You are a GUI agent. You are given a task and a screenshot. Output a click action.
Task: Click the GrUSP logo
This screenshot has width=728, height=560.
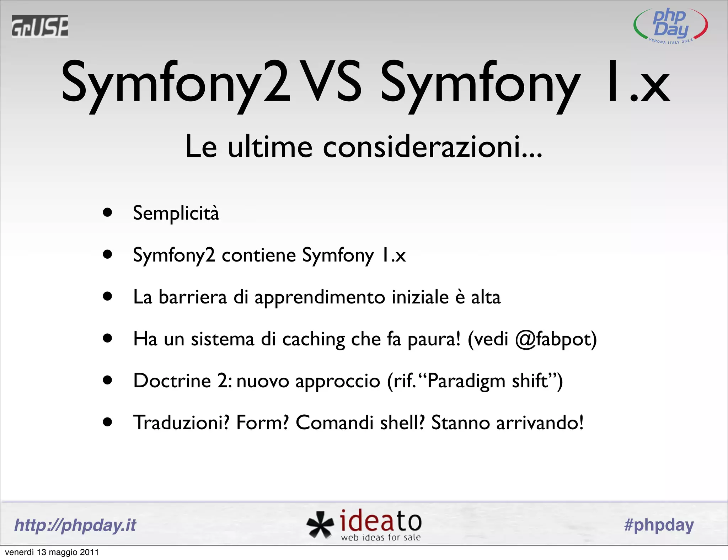point(40,26)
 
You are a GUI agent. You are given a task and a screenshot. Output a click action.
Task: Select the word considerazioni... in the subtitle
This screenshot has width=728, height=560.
point(432,146)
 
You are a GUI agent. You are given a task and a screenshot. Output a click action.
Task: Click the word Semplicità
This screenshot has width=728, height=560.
point(176,213)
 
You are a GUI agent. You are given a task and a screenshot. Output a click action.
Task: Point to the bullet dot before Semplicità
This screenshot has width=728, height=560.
point(107,212)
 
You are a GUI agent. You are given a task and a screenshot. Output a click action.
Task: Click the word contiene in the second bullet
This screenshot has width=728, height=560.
point(258,255)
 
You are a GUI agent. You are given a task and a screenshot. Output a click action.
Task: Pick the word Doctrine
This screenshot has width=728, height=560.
point(172,381)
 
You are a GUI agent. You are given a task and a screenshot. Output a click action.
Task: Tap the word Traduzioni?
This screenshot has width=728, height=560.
point(181,423)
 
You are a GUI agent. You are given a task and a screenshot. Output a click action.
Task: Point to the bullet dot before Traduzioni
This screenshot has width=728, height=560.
point(107,422)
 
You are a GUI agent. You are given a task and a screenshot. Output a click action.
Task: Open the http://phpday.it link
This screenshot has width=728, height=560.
point(75,525)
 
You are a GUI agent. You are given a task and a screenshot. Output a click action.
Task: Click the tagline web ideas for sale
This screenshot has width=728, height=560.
point(381,538)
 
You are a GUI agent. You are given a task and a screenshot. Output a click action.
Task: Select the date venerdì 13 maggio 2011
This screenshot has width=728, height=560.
point(52,552)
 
